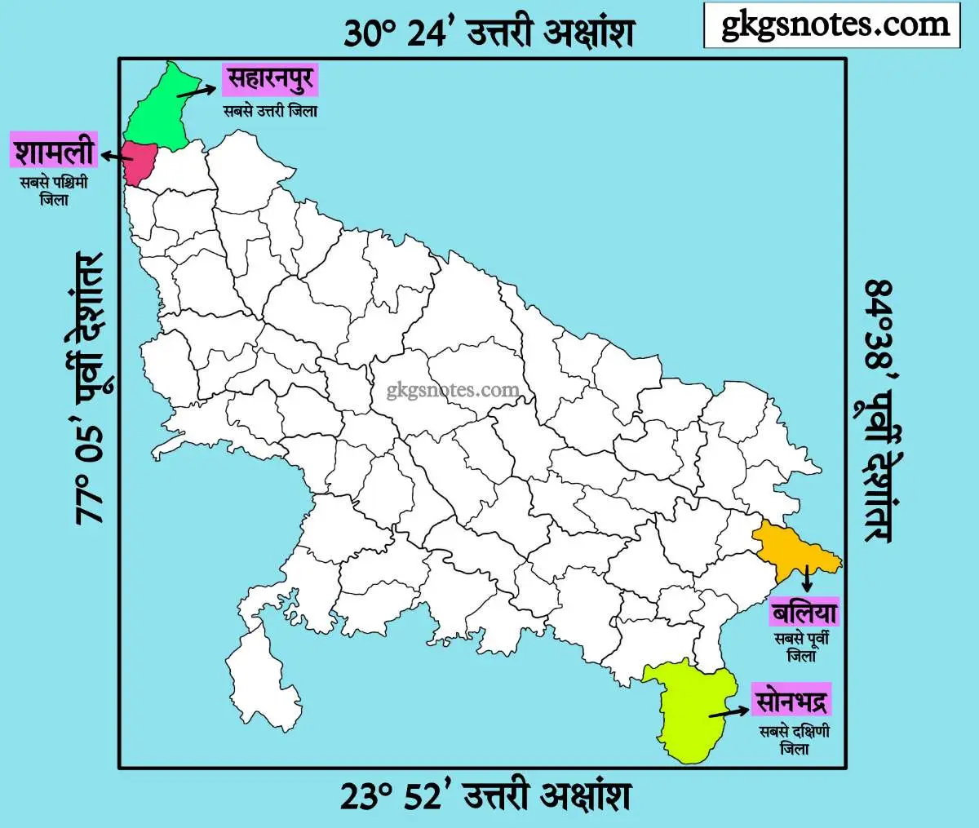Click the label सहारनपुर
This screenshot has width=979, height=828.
coord(269,80)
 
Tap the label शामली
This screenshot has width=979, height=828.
coord(54,152)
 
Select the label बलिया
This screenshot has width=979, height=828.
coord(804,612)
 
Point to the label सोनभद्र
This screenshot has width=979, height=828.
coord(791,701)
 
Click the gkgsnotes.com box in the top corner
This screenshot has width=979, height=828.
coord(831,25)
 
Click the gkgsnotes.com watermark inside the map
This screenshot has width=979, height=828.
coord(452,390)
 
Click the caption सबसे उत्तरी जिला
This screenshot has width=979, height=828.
coord(270,111)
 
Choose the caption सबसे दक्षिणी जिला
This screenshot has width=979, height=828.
coord(794,739)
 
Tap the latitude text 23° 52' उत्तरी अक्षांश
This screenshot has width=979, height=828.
coord(485,795)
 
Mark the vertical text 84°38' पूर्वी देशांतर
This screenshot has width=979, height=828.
coord(879,412)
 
